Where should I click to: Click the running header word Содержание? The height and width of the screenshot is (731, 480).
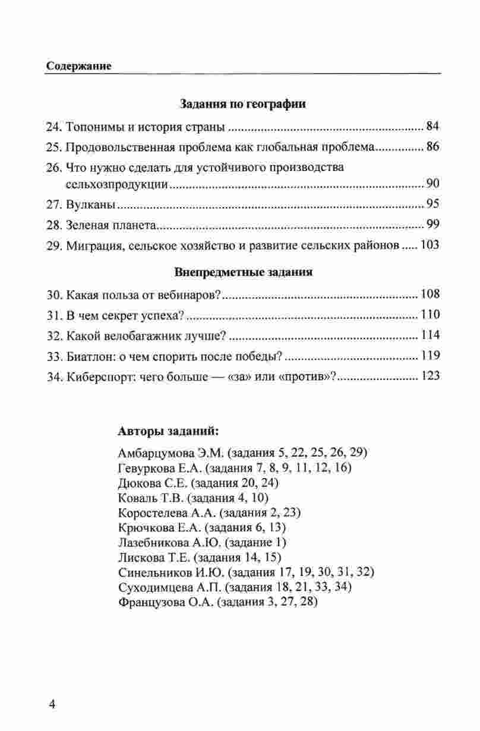pyautogui.click(x=79, y=67)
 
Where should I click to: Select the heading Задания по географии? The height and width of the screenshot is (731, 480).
pyautogui.click(x=242, y=105)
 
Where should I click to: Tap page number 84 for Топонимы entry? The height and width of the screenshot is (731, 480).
pyautogui.click(x=432, y=126)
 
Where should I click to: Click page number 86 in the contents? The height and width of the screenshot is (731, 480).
pyautogui.click(x=432, y=147)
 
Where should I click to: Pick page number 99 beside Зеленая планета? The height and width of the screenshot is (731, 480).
pyautogui.click(x=432, y=226)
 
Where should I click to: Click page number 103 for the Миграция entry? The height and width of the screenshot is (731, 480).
pyautogui.click(x=430, y=245)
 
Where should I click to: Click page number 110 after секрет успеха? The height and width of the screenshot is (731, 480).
pyautogui.click(x=430, y=315)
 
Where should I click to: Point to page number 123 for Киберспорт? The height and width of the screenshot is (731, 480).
pyautogui.click(x=430, y=376)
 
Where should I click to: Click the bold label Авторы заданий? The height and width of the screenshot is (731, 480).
pyautogui.click(x=168, y=430)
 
